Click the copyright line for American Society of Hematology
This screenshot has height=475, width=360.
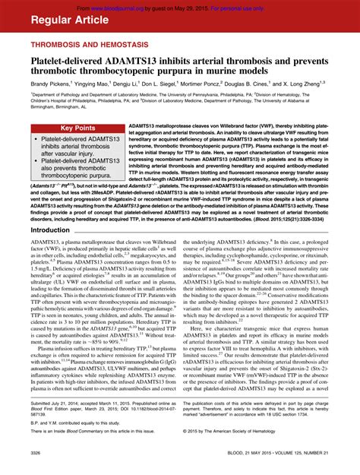tap(250, 432)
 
